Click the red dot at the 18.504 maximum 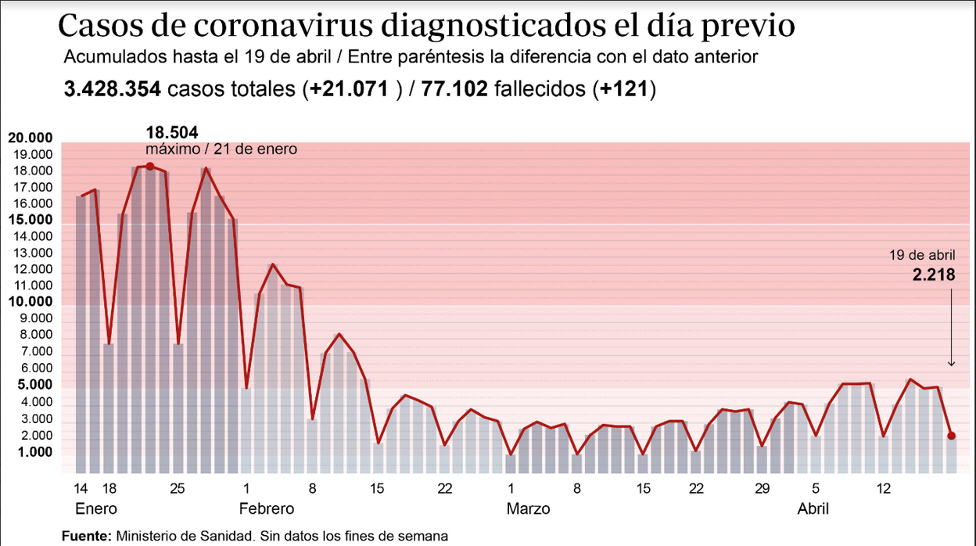click(149, 166)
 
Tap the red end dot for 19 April click(952, 436)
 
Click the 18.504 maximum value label click(172, 132)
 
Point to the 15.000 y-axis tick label click(30, 220)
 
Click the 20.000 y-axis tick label click(30, 138)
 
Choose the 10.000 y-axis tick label click(30, 302)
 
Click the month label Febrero click(267, 508)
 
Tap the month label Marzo click(528, 508)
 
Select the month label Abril click(813, 508)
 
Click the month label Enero click(96, 508)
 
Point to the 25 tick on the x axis click(178, 489)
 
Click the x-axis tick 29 click(762, 489)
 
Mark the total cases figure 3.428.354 click(113, 89)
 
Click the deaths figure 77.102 click(454, 89)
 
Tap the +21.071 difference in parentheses click(349, 89)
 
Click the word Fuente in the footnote click(87, 536)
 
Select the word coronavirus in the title click(279, 26)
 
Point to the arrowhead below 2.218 click(952, 363)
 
